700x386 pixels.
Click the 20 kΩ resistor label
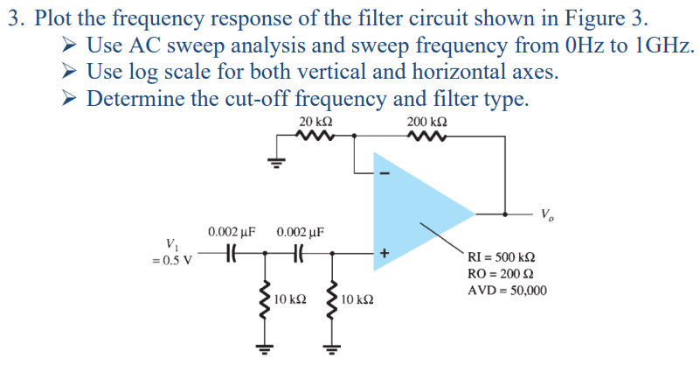click(x=315, y=121)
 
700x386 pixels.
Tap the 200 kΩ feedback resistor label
click(x=427, y=121)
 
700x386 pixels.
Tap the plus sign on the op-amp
click(x=382, y=252)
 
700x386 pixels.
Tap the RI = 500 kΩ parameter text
click(x=502, y=257)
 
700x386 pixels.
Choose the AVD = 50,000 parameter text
click(x=507, y=290)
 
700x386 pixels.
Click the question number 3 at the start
click(x=14, y=19)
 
